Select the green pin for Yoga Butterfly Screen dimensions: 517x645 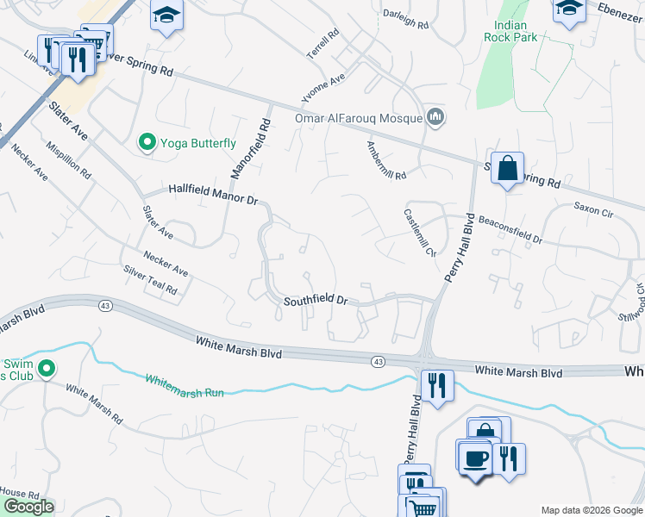click(147, 143)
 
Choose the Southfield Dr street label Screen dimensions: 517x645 click(316, 301)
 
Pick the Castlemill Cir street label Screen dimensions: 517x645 click(420, 232)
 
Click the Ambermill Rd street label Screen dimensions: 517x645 click(385, 160)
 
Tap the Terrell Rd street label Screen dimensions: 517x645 click(323, 45)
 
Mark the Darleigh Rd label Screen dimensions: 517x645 click(405, 26)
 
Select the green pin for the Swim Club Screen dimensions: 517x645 click(47, 371)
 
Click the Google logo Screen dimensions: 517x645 click(28, 507)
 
